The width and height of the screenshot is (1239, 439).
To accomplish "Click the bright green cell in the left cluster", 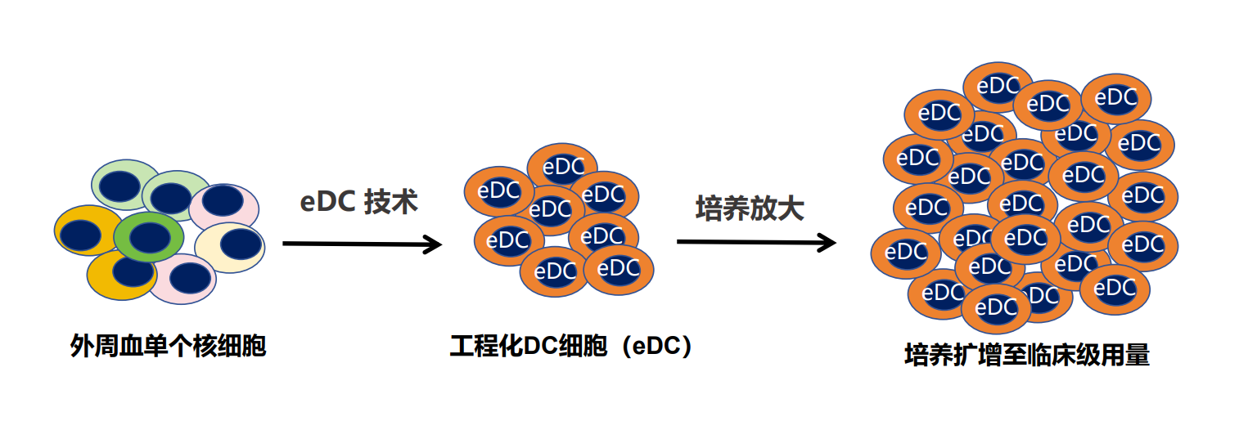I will coord(148,237).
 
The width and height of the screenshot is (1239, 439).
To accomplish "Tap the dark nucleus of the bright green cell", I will coord(149,238).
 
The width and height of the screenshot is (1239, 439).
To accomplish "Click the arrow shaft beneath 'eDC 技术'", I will coord(352,244).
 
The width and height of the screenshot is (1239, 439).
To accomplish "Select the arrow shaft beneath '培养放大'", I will coord(745,242).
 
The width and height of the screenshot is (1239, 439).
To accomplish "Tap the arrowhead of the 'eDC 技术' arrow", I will coord(434,244).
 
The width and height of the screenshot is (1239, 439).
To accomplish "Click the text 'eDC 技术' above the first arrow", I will coord(358,202).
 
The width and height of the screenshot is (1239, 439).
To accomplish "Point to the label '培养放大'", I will coord(750,208).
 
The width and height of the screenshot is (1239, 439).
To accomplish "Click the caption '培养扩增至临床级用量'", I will coord(1027,356).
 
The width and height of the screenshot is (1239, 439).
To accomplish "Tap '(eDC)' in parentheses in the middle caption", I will coord(655,347).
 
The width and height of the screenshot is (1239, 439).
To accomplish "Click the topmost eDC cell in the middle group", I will coord(562,167).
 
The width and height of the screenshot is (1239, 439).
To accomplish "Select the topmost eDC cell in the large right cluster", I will coord(998,86).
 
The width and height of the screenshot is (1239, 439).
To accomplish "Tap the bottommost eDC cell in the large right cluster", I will coord(996,308).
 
